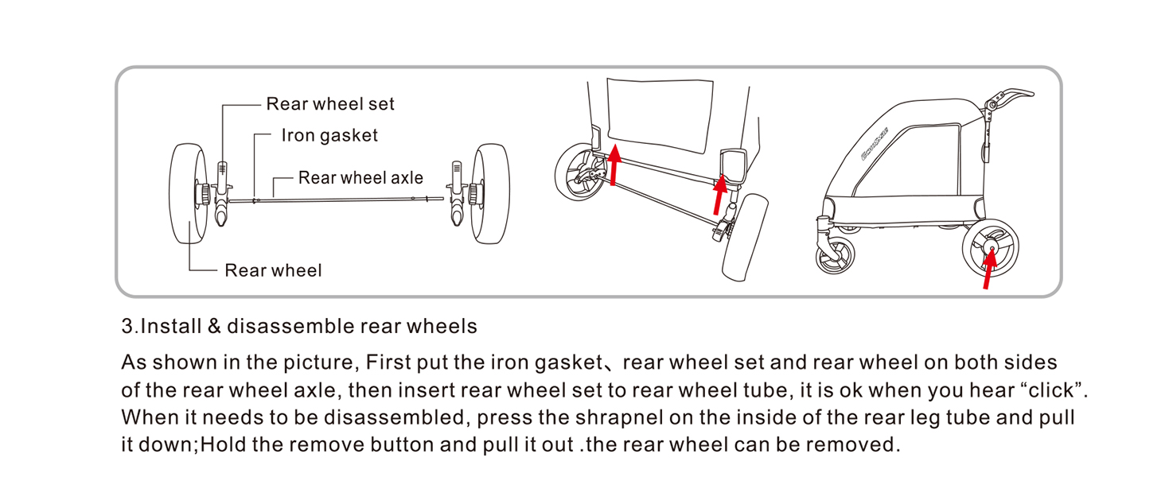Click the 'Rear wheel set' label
click(330, 104)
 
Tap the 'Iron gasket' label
click(329, 136)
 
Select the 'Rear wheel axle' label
click(360, 178)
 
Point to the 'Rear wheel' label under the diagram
click(273, 271)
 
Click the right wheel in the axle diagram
click(489, 194)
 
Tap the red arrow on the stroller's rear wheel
click(988, 270)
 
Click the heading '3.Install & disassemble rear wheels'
click(299, 326)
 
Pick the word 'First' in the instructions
click(385, 363)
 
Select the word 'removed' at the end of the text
click(859, 444)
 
